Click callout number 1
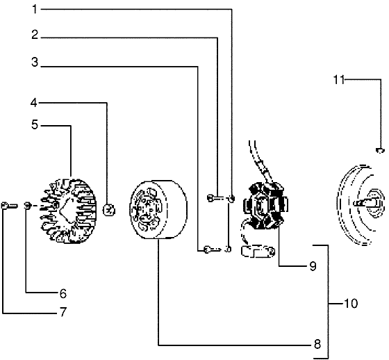[35, 10]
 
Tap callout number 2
[35, 35]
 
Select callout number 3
[35, 62]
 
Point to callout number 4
[34, 103]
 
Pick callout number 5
[35, 124]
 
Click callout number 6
[63, 293]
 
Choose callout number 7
[63, 312]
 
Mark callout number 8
[317, 344]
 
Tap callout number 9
[313, 266]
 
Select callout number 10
[351, 304]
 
